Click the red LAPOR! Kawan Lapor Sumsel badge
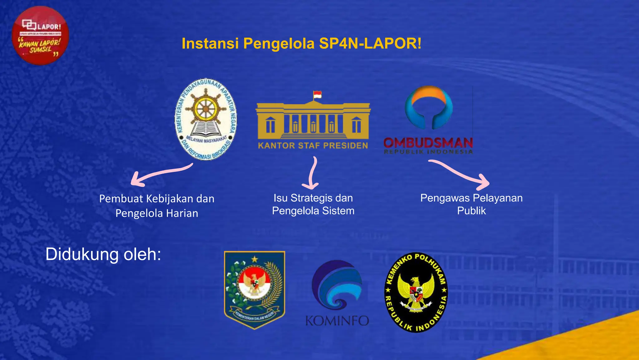[x=40, y=35]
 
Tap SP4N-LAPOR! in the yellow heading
[x=370, y=43]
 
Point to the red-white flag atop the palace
[x=317, y=95]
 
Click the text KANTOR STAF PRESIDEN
[x=313, y=146]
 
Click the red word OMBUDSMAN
[x=428, y=143]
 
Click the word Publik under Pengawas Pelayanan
[x=471, y=211]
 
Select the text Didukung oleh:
[x=103, y=254]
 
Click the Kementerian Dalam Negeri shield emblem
[x=255, y=290]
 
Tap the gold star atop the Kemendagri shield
[x=255, y=259]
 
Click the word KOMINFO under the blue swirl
[x=337, y=321]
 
